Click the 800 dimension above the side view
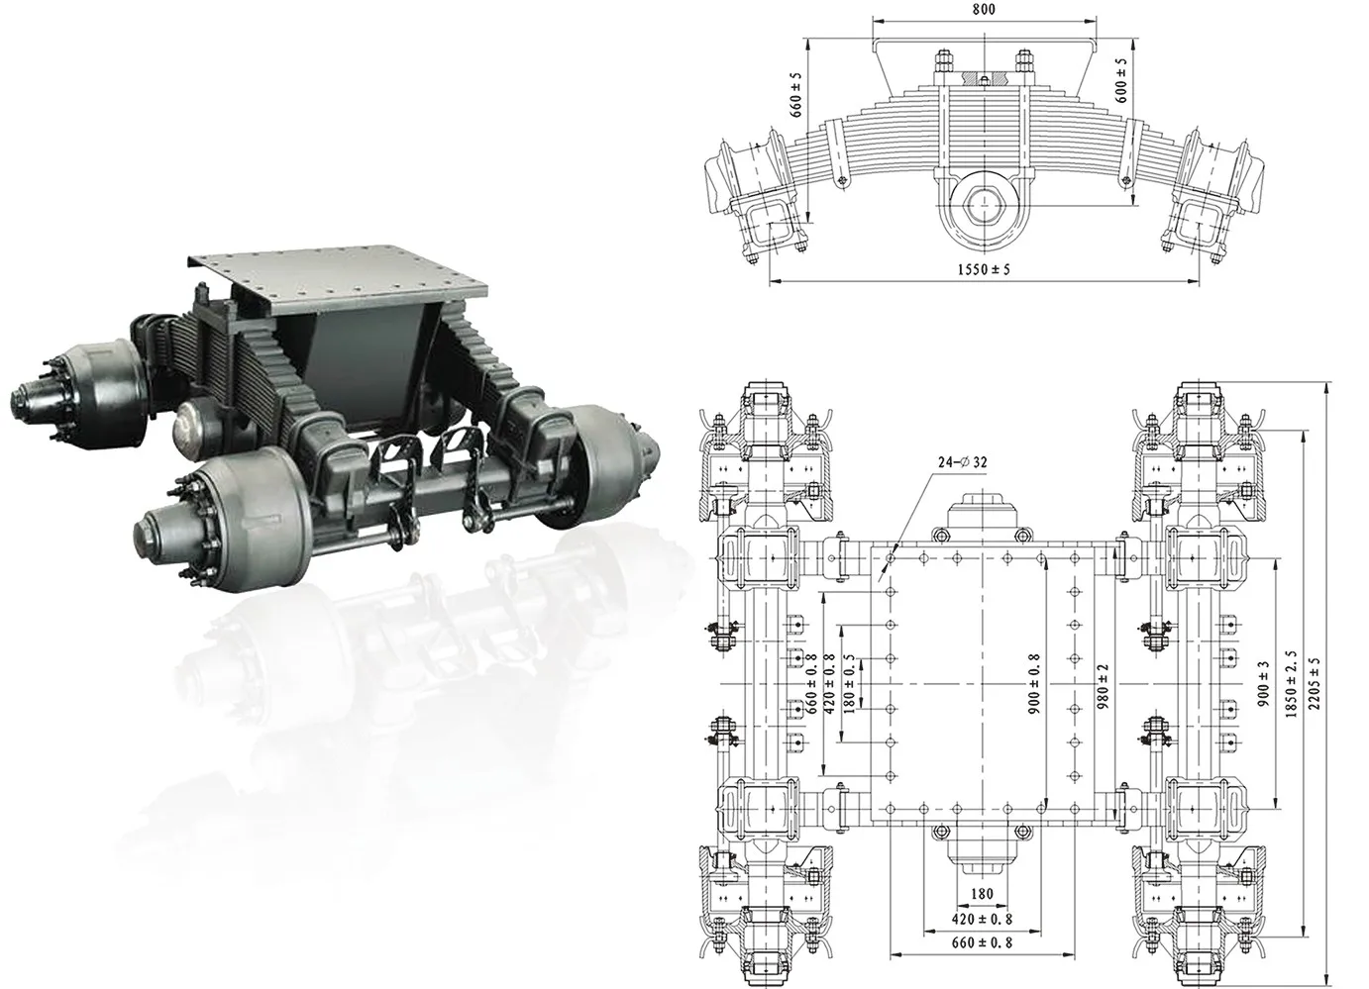(984, 10)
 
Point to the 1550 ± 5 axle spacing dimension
(990, 269)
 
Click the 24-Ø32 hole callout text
(961, 462)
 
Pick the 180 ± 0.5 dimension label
(849, 681)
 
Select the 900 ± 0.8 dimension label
(1033, 682)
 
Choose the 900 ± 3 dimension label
(1261, 682)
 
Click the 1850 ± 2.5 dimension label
(1289, 682)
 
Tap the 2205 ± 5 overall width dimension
(1316, 682)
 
